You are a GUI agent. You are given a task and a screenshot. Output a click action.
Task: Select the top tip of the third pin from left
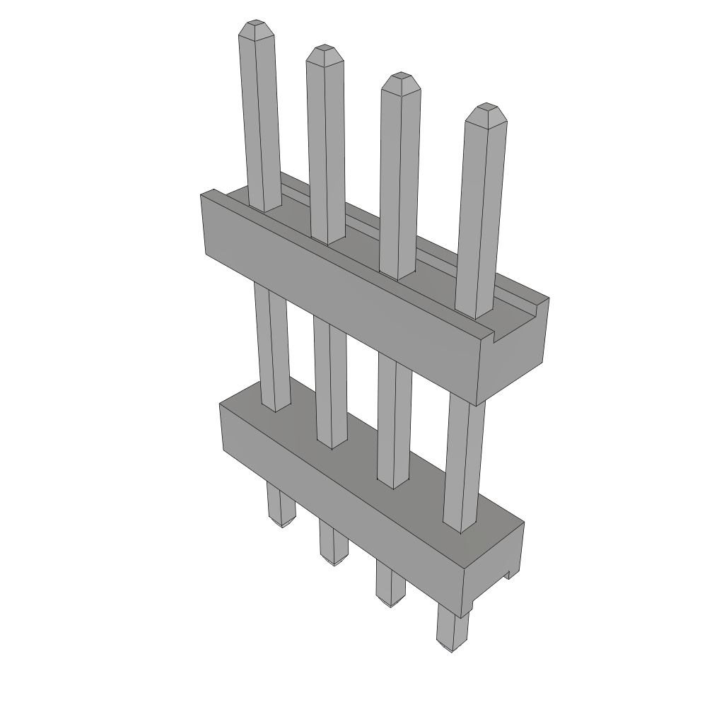pyautogui.click(x=400, y=80)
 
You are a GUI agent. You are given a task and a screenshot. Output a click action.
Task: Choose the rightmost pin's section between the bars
pyautogui.click(x=465, y=460)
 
